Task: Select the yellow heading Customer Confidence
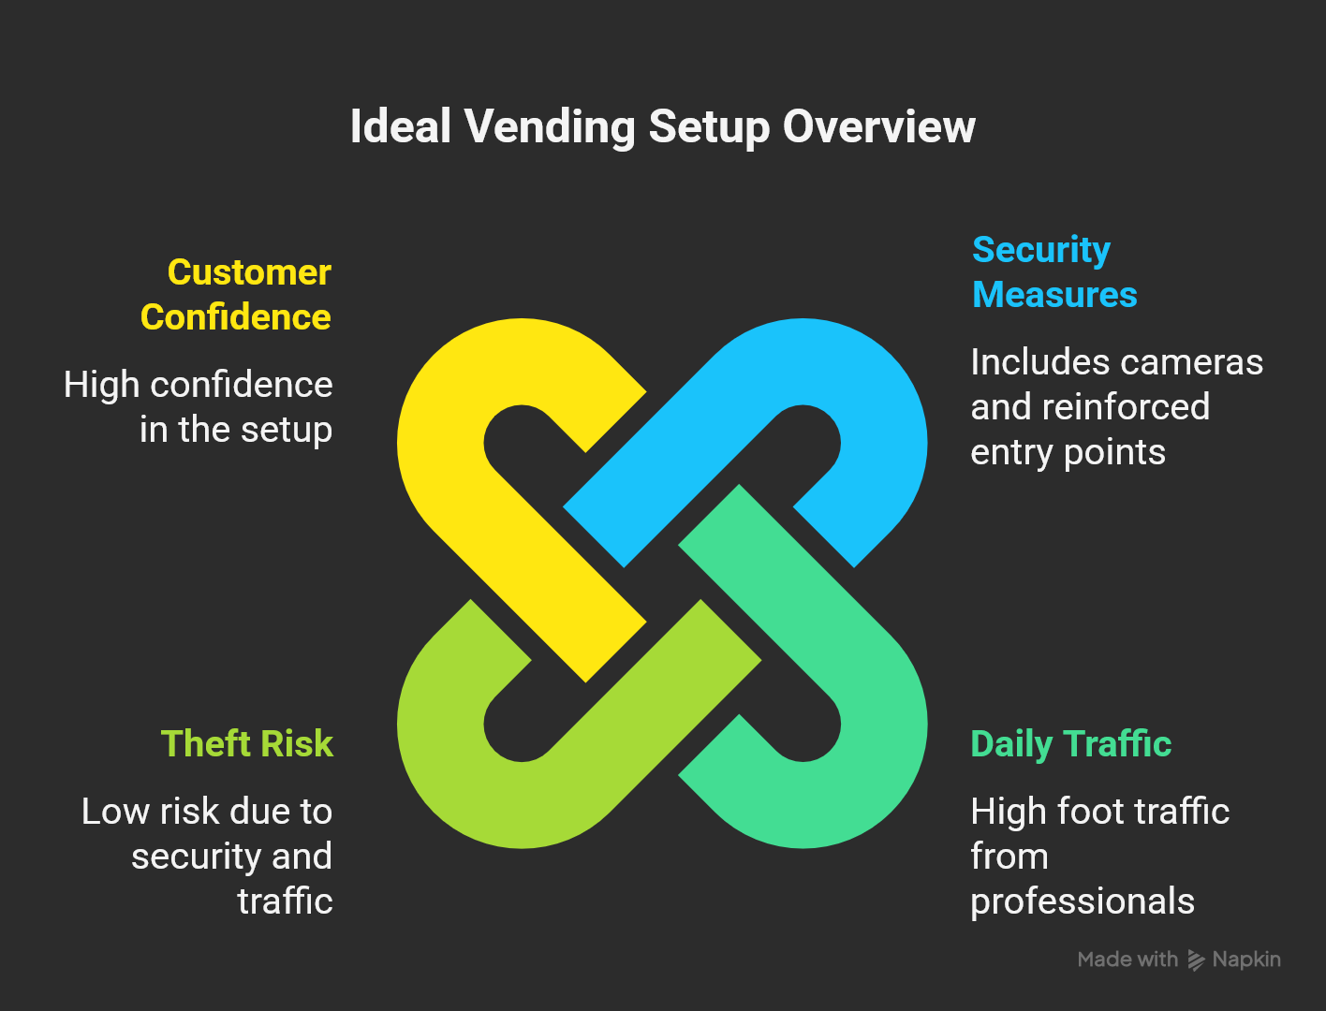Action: tap(236, 294)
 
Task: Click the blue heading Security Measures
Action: tap(1053, 271)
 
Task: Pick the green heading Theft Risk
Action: tap(247, 743)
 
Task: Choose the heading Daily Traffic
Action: tap(1070, 743)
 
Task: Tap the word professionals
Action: tap(1082, 901)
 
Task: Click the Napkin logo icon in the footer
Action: tap(1196, 960)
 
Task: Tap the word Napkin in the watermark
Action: tap(1246, 960)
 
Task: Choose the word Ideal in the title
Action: tap(401, 127)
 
